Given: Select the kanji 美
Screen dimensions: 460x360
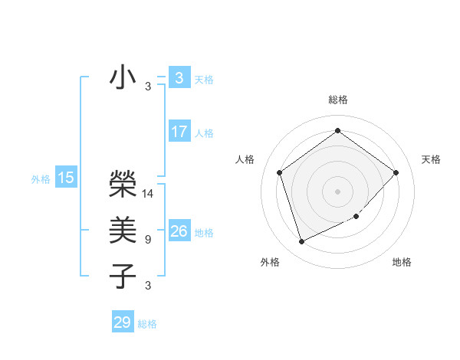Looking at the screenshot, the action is tap(123, 230).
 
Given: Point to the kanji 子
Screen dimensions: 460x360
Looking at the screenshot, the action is tap(123, 276).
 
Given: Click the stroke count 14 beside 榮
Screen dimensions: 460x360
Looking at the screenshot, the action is tap(148, 194).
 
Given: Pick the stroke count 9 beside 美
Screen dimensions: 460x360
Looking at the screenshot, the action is tap(147, 240).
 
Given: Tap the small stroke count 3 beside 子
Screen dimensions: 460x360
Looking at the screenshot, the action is tap(147, 286).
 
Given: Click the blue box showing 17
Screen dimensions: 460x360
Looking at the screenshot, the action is tap(179, 132).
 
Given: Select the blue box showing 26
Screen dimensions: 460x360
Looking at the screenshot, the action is tap(179, 231).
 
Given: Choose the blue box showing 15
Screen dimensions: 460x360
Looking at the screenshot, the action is tap(66, 178).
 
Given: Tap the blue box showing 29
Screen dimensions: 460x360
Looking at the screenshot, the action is tap(123, 322).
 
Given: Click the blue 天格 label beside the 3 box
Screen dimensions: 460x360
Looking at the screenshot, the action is tap(204, 80).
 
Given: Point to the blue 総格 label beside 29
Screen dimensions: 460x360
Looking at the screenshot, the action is tap(147, 324).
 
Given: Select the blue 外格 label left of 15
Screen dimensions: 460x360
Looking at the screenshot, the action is tap(41, 179).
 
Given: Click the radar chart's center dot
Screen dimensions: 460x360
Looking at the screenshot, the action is tap(337, 191).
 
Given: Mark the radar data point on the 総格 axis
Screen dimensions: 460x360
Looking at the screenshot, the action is tap(337, 131).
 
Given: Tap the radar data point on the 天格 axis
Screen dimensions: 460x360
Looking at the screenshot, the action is tap(396, 172).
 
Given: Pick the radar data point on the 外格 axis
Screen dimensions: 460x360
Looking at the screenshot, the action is tap(301, 242).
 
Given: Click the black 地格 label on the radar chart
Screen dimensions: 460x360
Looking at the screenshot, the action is tap(402, 263).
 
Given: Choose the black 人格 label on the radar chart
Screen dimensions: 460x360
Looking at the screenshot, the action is tap(245, 159).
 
